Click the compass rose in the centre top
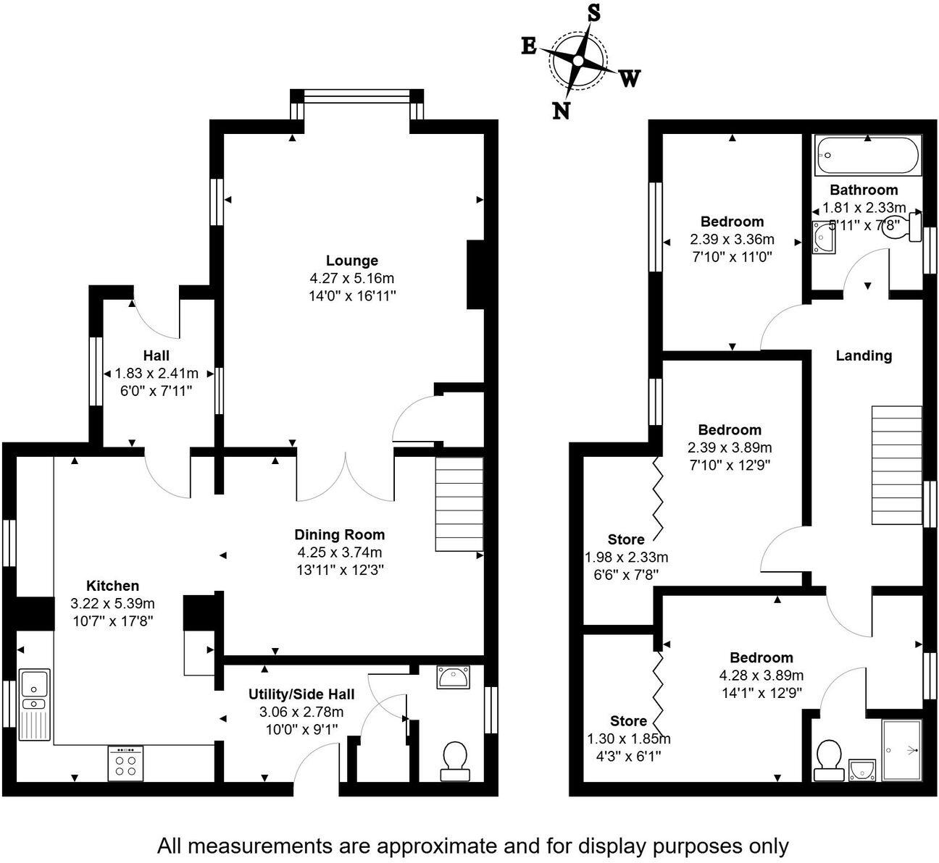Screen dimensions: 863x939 pos(578,61)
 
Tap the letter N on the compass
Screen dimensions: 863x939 pos(561,110)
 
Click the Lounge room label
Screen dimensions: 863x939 pos(351,261)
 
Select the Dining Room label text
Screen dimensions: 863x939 pos(339,535)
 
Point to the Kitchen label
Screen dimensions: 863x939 pos(112,586)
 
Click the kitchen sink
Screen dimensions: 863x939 pos(34,705)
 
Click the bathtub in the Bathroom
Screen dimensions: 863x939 pos(867,155)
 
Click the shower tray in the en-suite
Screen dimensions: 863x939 pos(901,750)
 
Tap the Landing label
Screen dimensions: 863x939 pos(864,355)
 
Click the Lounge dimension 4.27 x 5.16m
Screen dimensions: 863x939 pos(351,278)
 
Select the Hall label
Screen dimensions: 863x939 pos(156,355)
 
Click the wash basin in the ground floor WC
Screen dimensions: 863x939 pos(454,678)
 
